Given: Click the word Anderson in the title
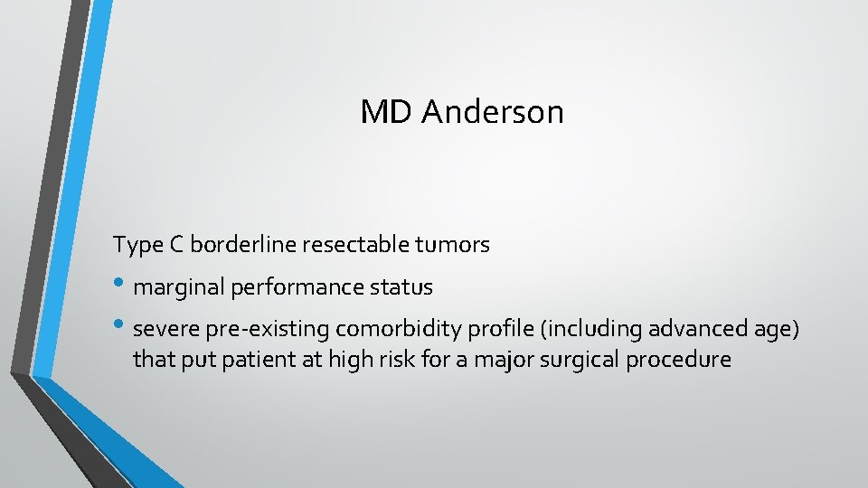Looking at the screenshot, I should (x=493, y=112).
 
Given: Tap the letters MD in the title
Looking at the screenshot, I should (x=387, y=112).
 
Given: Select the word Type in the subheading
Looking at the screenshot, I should (x=135, y=245).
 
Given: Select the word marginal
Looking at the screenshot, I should (x=178, y=288).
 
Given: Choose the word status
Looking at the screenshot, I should (x=407, y=288).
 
